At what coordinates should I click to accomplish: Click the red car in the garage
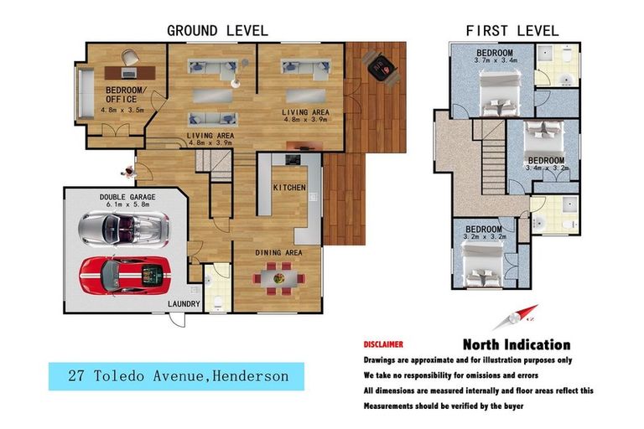tap(125, 276)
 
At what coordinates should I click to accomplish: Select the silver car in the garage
tap(123, 230)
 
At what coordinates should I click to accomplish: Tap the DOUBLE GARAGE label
tap(127, 197)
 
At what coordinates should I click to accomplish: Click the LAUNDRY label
tap(184, 304)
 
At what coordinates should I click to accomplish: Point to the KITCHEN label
tap(289, 188)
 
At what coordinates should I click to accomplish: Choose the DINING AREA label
tap(278, 253)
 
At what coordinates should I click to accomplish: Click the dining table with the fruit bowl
tap(279, 279)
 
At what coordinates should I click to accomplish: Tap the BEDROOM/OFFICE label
tap(126, 95)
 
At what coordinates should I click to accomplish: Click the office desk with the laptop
tap(130, 73)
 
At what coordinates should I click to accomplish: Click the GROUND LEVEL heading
tap(217, 31)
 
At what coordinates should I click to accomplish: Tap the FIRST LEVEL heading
tap(512, 31)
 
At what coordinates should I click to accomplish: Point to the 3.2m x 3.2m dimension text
tap(485, 237)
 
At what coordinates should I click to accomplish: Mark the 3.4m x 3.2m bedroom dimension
tap(547, 168)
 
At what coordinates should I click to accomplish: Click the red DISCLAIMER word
tap(383, 344)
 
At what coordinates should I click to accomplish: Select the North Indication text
tap(517, 344)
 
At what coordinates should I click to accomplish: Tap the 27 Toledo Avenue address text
tap(179, 376)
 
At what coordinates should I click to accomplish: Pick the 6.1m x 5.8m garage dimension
tap(127, 204)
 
